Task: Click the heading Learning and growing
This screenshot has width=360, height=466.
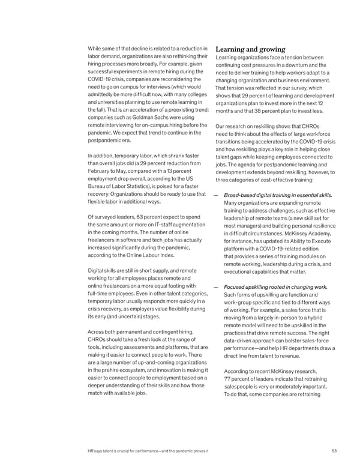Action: tap(251, 49)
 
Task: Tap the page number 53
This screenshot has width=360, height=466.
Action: tap(335, 452)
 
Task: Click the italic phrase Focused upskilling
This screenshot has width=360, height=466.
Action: tap(250, 286)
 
